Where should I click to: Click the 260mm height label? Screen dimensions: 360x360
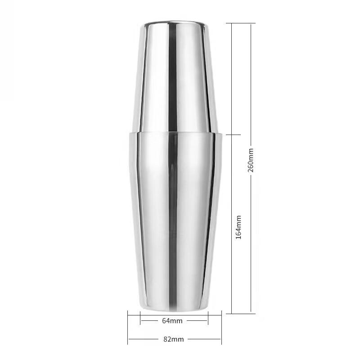[x=251, y=160]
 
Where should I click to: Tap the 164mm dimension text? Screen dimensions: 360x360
[x=238, y=227]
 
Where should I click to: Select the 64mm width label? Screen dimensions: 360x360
[x=172, y=321]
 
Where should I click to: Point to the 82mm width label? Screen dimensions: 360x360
[x=174, y=339]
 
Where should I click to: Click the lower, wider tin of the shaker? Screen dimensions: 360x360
[x=175, y=221]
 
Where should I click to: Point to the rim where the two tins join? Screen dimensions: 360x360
[x=175, y=133]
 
